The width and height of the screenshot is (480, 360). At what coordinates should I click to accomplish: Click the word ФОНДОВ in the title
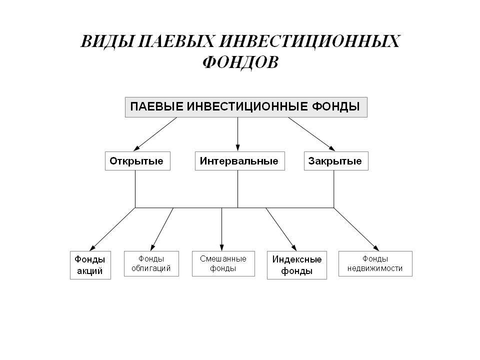[x=240, y=62]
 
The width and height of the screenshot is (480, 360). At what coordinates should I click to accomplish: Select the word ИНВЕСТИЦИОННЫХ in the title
[x=309, y=41]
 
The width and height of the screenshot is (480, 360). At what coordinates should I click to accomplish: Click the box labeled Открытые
[x=137, y=161]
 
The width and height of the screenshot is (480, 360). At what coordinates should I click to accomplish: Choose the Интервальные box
[x=239, y=161]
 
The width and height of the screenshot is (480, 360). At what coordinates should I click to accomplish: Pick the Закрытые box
[x=336, y=161]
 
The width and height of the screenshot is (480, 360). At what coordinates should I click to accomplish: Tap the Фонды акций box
[x=90, y=265]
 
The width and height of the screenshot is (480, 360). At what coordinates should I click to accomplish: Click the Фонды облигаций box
[x=151, y=263]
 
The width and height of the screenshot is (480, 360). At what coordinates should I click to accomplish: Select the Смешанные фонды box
[x=223, y=263]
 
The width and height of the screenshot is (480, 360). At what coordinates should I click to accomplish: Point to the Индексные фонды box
[x=296, y=265]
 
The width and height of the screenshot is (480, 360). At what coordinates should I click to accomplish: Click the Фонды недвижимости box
[x=375, y=263]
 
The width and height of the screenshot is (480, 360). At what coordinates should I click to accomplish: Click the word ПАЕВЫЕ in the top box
[x=156, y=106]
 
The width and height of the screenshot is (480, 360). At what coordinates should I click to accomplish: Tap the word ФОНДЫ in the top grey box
[x=336, y=106]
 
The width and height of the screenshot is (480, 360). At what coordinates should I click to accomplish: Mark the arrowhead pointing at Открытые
[x=136, y=148]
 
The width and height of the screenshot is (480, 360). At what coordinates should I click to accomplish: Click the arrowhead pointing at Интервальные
[x=238, y=147]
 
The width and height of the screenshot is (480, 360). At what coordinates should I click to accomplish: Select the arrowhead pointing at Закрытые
[x=332, y=148]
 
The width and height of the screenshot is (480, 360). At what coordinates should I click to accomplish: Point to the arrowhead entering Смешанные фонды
[x=222, y=247]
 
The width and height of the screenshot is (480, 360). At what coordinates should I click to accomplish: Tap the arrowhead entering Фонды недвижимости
[x=376, y=248]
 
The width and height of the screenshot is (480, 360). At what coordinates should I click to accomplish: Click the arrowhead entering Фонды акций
[x=92, y=248]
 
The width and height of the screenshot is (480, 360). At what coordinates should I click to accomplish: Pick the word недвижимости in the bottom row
[x=375, y=268]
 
